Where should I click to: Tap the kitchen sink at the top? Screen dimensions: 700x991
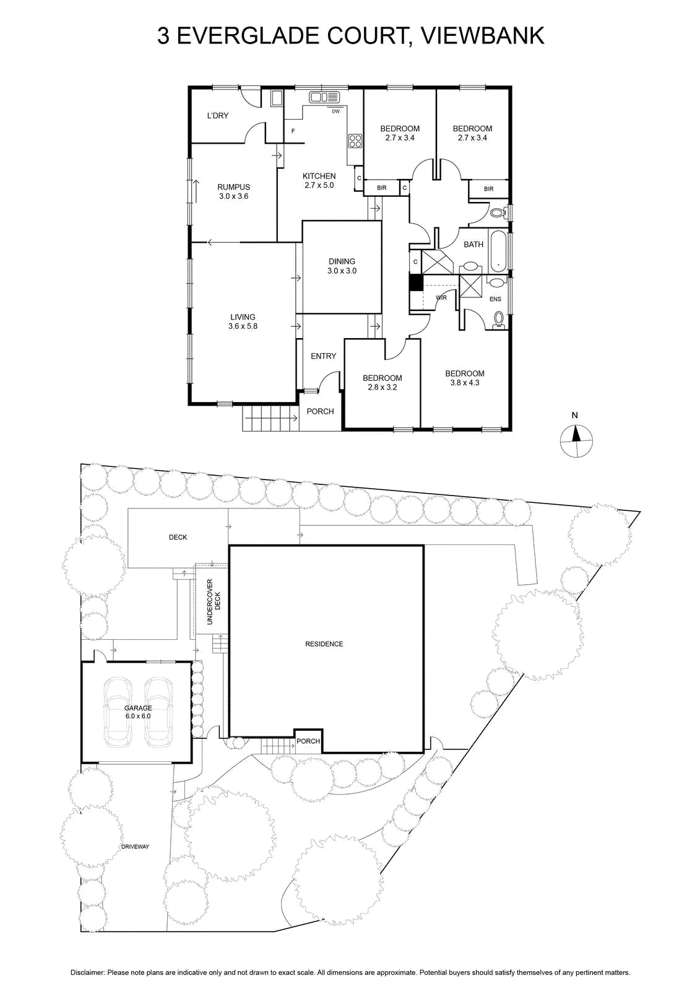click(323, 97)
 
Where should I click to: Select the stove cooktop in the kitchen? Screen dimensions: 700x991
click(355, 141)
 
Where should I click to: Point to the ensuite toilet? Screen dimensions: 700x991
click(499, 320)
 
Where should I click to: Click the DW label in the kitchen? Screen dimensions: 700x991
click(335, 111)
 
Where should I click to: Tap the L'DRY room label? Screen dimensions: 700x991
click(218, 116)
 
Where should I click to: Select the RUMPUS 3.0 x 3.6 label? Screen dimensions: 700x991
click(233, 191)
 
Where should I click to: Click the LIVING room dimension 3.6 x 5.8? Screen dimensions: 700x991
click(243, 326)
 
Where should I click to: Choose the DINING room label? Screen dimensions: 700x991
click(342, 261)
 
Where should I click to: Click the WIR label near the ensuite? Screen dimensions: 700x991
click(441, 298)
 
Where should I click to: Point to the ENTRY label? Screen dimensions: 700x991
click(323, 356)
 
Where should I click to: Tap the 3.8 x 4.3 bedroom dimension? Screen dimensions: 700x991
click(465, 383)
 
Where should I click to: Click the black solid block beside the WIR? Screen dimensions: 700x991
click(416, 282)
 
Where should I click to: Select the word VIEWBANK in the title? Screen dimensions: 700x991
click(482, 36)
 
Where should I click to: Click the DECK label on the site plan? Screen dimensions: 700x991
click(178, 537)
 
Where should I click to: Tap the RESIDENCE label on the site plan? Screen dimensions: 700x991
click(324, 644)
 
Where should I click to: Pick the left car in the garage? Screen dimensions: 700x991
click(118, 713)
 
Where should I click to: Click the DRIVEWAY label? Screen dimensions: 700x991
click(135, 847)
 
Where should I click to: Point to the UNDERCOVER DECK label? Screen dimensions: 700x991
click(214, 601)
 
